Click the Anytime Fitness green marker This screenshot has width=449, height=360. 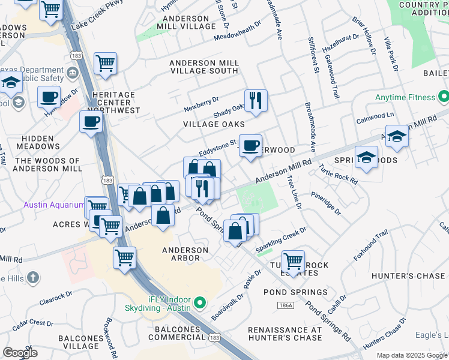point(443,97)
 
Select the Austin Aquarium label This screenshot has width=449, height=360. point(54,205)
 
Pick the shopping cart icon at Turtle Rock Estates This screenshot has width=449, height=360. point(293,261)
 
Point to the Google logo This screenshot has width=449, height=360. point(20,353)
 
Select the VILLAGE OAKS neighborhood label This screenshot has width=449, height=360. point(215,124)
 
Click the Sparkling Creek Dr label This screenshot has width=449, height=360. point(281,239)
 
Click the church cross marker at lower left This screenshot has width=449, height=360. point(33,278)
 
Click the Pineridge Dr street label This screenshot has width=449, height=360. point(326,204)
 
